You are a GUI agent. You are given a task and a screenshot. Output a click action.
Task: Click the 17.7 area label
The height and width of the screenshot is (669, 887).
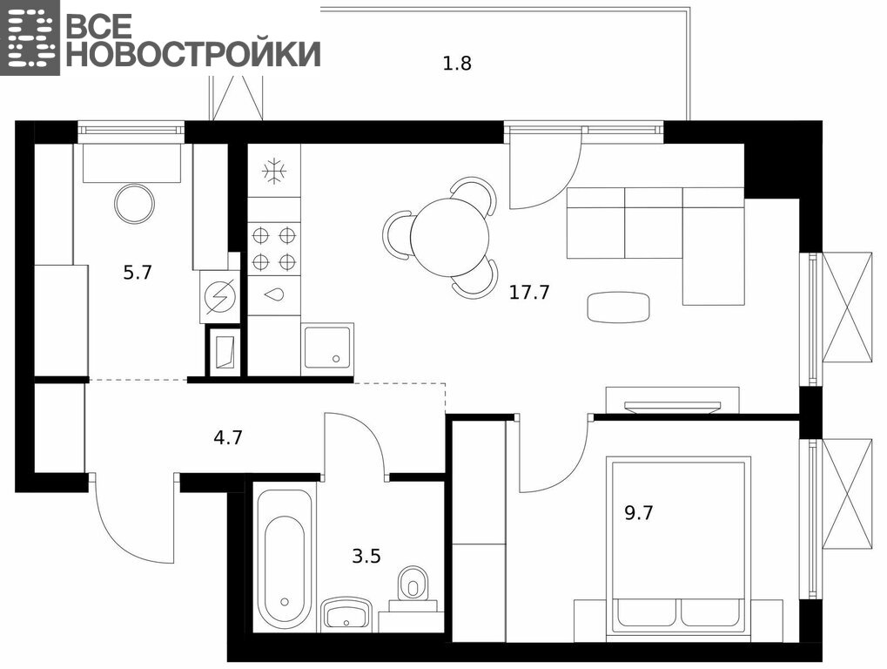[x=529, y=293]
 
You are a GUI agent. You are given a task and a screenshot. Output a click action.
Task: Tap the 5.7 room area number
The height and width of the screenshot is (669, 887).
[x=138, y=273]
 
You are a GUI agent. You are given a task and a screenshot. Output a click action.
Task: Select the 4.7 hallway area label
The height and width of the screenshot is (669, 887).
[x=228, y=437]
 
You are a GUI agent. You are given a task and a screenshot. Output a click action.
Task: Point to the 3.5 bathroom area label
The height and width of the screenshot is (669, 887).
[x=366, y=557]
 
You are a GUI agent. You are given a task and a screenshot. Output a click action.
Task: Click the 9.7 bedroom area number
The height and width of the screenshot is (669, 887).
[x=639, y=513]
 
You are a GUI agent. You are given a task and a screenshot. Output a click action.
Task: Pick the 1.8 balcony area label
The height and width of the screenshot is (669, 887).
[x=456, y=64]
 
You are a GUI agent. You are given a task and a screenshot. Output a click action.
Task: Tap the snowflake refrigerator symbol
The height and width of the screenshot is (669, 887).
[x=275, y=171]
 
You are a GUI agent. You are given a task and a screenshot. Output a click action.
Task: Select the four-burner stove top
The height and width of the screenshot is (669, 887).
[x=274, y=248]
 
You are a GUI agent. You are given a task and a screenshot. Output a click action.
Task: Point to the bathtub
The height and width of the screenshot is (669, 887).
[x=285, y=558]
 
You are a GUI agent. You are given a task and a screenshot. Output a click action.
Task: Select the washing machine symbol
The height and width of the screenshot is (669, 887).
[x=219, y=297]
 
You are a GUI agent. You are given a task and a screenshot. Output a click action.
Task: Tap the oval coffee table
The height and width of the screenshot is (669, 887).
[x=618, y=307]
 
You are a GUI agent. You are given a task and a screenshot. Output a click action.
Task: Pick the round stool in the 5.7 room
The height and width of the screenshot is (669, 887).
[x=135, y=205]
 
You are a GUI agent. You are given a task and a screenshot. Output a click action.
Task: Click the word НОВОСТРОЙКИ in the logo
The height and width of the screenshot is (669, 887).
[x=193, y=54]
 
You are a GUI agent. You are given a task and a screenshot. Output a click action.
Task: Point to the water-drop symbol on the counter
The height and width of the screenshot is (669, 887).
[x=275, y=295]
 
